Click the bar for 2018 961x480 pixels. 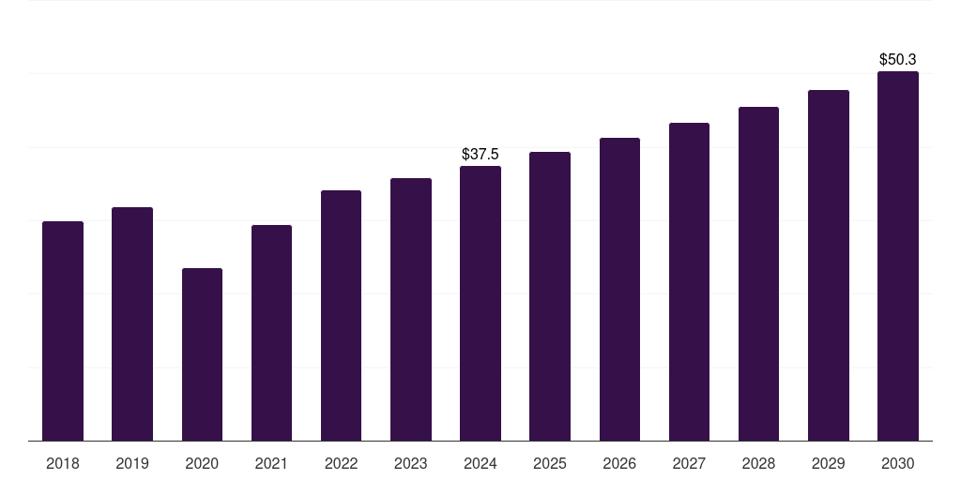point(63,331)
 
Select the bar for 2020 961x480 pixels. point(202,354)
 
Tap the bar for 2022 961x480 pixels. point(341,315)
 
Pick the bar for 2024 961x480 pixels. point(480,303)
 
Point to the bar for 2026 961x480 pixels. point(619,289)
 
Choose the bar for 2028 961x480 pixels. point(758,274)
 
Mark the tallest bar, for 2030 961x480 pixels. point(898,256)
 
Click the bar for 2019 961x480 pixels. point(132,323)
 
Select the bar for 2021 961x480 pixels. point(271,333)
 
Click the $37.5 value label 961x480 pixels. point(480,154)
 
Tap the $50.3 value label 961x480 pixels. point(898,59)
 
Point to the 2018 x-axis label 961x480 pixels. point(63,463)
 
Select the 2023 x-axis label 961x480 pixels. point(411,463)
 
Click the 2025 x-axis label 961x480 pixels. point(550,463)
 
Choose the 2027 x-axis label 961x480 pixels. point(689,463)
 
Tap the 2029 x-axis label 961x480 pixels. point(829,463)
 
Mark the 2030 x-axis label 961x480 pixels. point(898,463)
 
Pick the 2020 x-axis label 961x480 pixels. point(202,463)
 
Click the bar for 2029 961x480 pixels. point(829,265)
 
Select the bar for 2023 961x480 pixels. point(411,309)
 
